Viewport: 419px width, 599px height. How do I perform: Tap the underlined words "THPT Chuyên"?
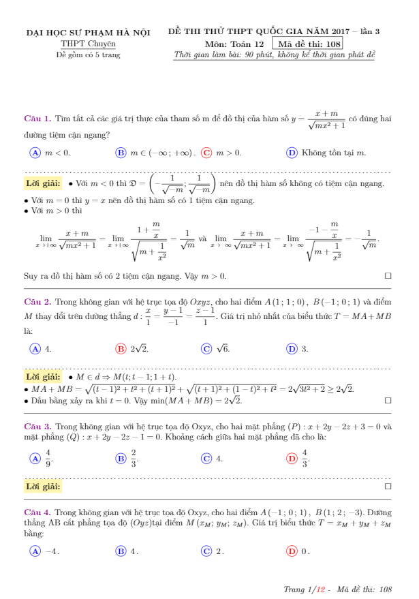pyautogui.click(x=88, y=44)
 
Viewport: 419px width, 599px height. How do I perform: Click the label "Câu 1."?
pyautogui.click(x=37, y=118)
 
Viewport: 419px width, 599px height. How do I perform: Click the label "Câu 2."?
pyautogui.click(x=37, y=301)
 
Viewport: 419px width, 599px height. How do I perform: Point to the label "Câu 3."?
pyautogui.click(x=37, y=426)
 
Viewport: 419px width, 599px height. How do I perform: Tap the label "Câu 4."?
pyautogui.click(x=37, y=511)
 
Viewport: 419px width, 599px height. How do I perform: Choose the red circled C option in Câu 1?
pyautogui.click(x=206, y=153)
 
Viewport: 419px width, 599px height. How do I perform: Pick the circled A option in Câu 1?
pyautogui.click(x=35, y=153)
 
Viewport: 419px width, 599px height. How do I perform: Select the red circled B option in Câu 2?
pyautogui.click(x=121, y=348)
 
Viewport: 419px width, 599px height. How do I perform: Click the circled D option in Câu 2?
pyautogui.click(x=292, y=348)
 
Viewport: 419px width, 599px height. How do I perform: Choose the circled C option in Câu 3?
pyautogui.click(x=206, y=459)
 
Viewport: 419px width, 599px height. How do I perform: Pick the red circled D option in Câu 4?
pyautogui.click(x=292, y=551)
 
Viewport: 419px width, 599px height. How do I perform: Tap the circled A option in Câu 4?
pyautogui.click(x=35, y=551)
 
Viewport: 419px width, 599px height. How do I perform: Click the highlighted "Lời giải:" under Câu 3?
pyautogui.click(x=43, y=487)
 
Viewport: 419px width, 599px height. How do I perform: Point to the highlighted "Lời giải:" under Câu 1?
pyautogui.click(x=43, y=183)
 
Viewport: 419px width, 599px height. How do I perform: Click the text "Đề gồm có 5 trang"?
pyautogui.click(x=88, y=55)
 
